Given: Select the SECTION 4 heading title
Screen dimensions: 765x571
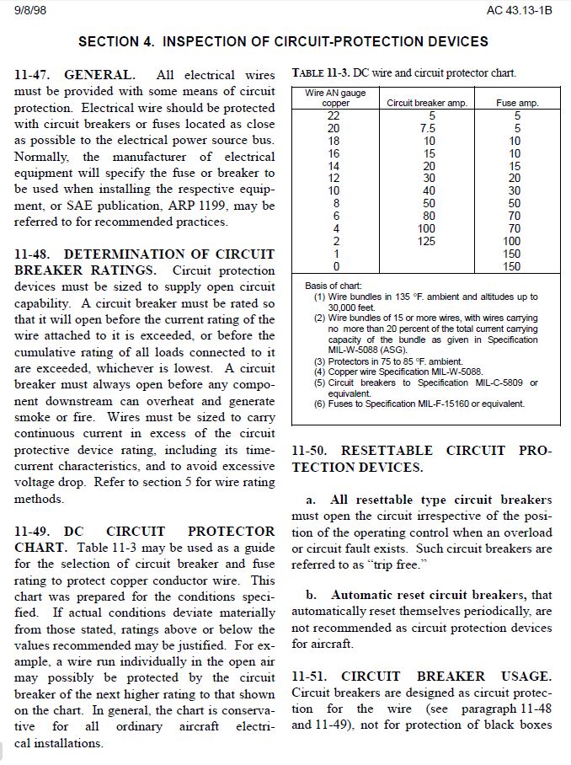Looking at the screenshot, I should [x=283, y=40].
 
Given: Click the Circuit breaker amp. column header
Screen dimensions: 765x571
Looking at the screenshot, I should [x=426, y=103].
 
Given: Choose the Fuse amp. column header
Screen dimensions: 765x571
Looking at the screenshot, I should [x=517, y=103].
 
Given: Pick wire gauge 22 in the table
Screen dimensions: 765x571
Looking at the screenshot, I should [x=335, y=115].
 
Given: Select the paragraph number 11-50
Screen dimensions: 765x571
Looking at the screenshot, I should [x=310, y=451].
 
